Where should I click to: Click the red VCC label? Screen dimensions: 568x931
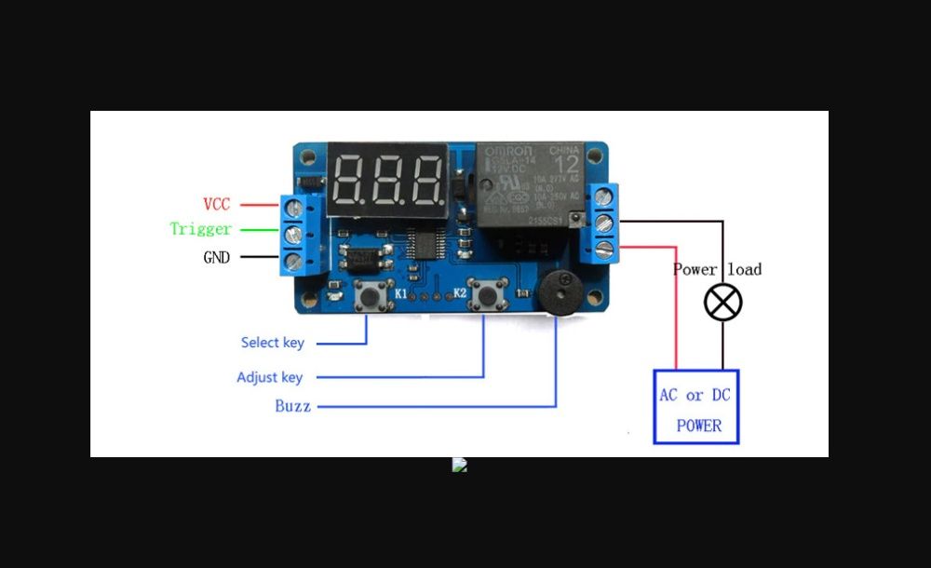pos(216,204)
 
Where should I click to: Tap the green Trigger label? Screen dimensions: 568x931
pos(200,229)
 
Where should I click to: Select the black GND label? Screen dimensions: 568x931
pos(216,258)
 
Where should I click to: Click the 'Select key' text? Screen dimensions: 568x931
pos(272,343)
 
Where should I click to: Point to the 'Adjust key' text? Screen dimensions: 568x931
pos(269,377)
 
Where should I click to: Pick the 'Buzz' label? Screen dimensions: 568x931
pos(292,406)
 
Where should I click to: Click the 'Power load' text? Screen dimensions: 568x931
pos(717,269)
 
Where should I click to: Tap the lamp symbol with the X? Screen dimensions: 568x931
pos(722,303)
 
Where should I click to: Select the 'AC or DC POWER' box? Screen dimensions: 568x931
pos(695,407)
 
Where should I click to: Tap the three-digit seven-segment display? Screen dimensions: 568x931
pos(387,179)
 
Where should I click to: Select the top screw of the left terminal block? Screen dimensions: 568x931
pos(295,208)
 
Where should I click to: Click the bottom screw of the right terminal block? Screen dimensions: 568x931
pos(602,249)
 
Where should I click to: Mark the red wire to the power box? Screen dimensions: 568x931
pos(677,307)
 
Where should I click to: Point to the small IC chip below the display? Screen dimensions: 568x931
pos(426,244)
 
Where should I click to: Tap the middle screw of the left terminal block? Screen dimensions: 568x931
pos(294,234)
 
